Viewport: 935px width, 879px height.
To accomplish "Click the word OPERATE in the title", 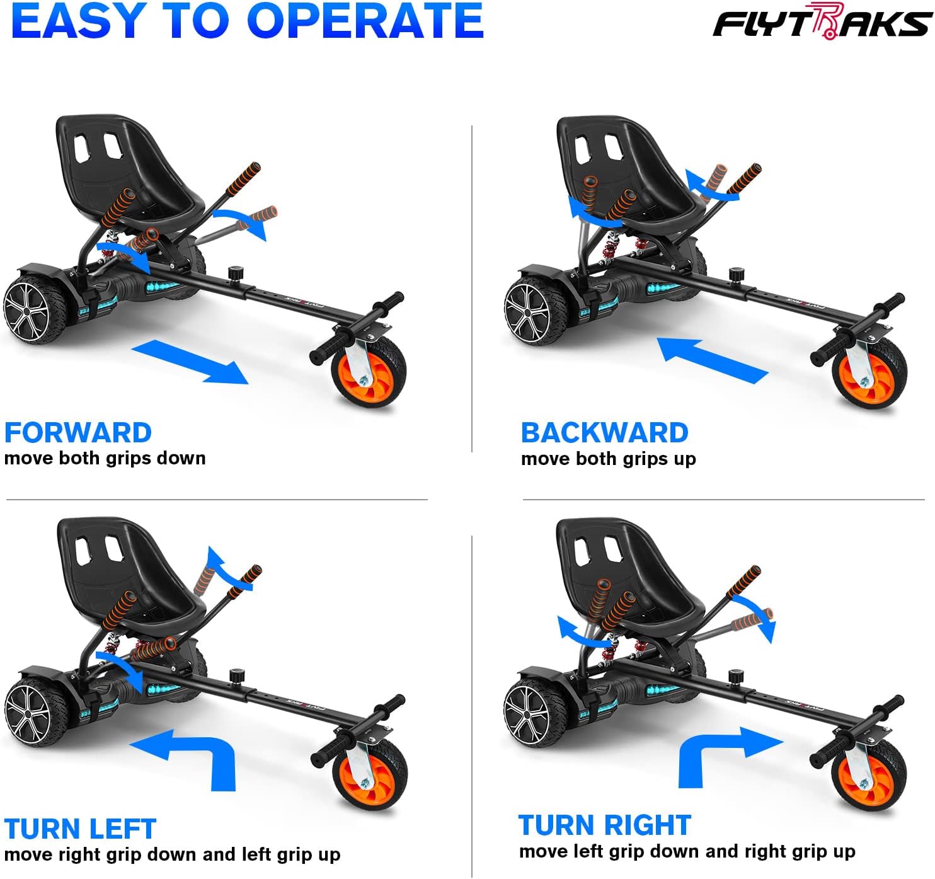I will tap(365, 21).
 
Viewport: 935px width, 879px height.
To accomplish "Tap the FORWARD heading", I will tap(77, 433).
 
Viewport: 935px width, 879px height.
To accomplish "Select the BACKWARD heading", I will tap(604, 433).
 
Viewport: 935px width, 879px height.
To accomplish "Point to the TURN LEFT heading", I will tap(80, 829).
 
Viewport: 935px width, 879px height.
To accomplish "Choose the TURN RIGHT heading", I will tap(604, 825).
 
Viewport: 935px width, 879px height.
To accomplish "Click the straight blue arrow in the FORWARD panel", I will tap(190, 362).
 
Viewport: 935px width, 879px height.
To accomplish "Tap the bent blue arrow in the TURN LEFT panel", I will tap(189, 756).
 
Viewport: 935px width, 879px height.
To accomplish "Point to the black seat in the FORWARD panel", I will tap(126, 170).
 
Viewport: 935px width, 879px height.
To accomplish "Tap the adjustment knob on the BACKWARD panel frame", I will tap(735, 275).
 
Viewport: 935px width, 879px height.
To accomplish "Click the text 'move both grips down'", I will tap(105, 458).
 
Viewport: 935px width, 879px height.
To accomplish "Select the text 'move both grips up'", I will tap(608, 459).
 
